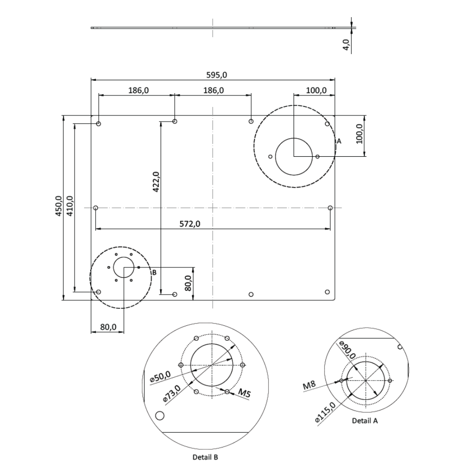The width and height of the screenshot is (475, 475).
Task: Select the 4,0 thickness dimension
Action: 346,45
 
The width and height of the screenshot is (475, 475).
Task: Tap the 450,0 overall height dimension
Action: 58,206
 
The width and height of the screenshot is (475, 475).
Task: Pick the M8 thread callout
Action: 310,386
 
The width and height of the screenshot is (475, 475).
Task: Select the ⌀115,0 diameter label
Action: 325,412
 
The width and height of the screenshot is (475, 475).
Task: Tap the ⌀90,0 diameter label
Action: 348,350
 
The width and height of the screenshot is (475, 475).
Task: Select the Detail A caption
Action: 365,420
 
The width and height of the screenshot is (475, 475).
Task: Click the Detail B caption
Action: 205,457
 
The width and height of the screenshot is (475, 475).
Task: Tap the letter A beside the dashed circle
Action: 339,141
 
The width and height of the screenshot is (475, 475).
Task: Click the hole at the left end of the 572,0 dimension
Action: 96,208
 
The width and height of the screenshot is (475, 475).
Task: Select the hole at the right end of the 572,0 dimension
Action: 330,208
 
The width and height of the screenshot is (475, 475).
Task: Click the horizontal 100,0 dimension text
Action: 316,90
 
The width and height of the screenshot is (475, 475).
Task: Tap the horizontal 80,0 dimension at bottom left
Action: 108,327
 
